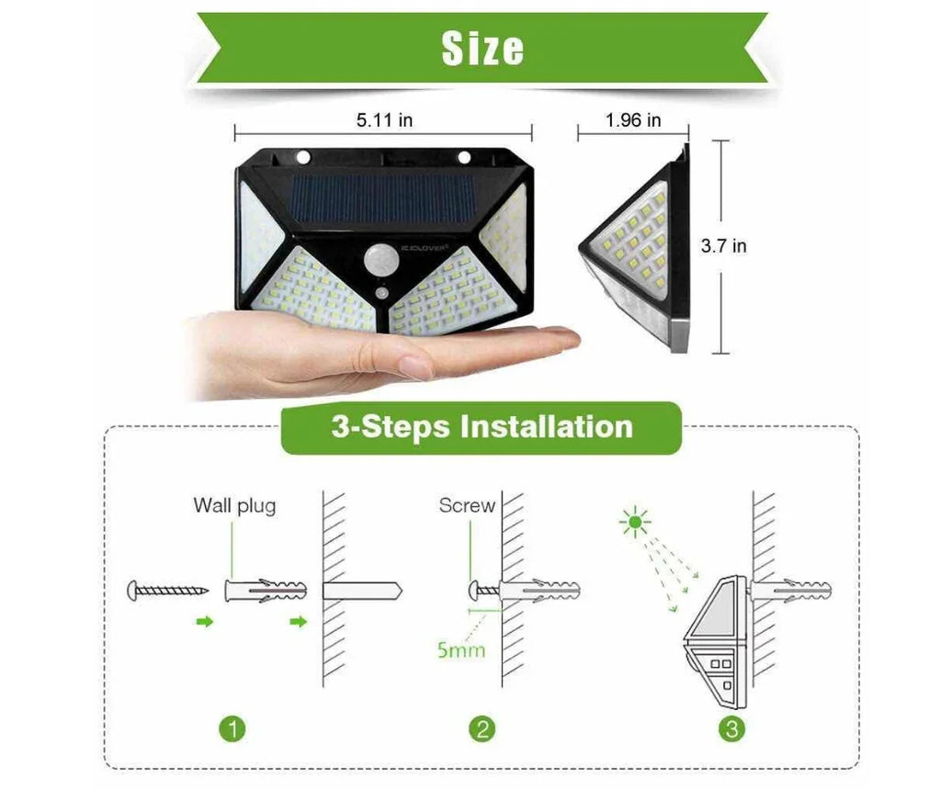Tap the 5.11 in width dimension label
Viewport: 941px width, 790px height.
pyautogui.click(x=384, y=120)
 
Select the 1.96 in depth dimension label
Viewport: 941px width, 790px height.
pyautogui.click(x=633, y=120)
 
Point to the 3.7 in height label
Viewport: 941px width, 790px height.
pyautogui.click(x=723, y=246)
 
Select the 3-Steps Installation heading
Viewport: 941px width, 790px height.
pyautogui.click(x=482, y=427)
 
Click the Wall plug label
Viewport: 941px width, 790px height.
pyautogui.click(x=234, y=505)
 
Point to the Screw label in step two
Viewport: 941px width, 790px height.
pyautogui.click(x=466, y=505)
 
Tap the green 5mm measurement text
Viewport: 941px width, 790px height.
pyautogui.click(x=460, y=650)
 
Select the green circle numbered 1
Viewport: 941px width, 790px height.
pyautogui.click(x=234, y=729)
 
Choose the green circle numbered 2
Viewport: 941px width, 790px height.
pyautogui.click(x=482, y=729)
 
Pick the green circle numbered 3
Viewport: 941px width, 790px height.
pyautogui.click(x=731, y=729)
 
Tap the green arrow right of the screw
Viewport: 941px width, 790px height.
pyautogui.click(x=204, y=622)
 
